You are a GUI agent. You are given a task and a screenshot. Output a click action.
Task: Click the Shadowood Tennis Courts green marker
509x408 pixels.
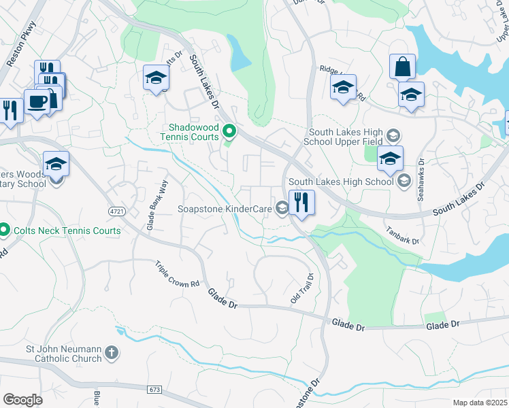[x=230, y=131]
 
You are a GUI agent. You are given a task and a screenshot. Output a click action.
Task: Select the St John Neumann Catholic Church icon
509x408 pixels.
[x=112, y=354]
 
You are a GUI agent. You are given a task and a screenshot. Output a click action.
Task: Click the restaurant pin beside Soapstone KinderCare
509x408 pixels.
[x=300, y=202]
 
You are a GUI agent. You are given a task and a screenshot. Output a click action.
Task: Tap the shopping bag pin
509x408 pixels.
[x=402, y=67]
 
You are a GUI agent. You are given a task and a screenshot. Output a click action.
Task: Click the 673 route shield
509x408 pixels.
[x=154, y=389]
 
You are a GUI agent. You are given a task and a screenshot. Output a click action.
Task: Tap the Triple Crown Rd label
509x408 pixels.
[x=177, y=274]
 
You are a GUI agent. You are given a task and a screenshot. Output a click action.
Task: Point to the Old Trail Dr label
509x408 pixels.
[x=301, y=289]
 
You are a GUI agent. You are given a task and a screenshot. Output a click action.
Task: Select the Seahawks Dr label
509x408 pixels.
[x=421, y=179]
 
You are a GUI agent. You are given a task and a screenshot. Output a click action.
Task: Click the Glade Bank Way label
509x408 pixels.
[x=154, y=203]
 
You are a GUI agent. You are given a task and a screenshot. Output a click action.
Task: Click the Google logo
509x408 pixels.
[x=22, y=399]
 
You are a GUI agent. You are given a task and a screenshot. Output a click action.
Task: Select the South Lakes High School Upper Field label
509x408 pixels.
[x=346, y=137]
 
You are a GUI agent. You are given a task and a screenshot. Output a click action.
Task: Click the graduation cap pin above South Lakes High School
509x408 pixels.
[x=390, y=159]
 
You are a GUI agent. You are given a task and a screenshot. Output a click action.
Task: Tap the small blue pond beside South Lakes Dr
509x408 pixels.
[x=239, y=52]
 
